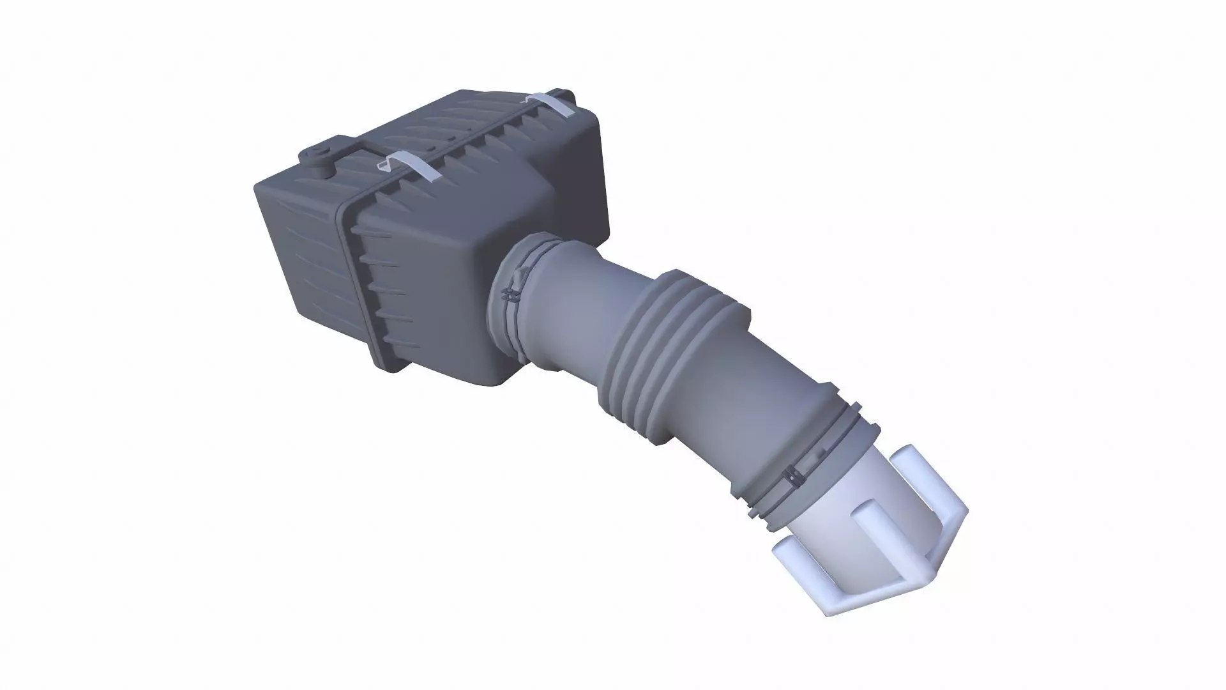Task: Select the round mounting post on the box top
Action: (318, 157)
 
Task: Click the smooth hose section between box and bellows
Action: (568, 300)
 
